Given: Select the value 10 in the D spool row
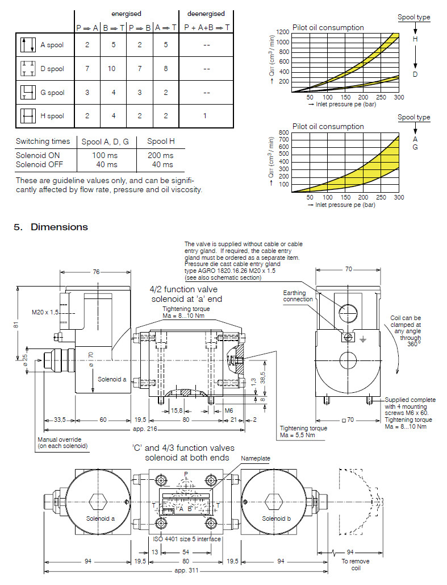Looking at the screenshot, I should coord(113,69).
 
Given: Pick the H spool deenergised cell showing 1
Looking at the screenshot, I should coord(204,116).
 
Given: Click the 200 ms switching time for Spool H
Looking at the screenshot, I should coord(161,155).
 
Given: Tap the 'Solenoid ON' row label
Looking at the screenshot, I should coord(37,155).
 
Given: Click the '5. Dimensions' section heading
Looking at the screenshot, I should coord(51,227).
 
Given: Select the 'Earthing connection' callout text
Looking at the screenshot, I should coord(298,296).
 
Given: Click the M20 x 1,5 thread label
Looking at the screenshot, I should coord(45,312).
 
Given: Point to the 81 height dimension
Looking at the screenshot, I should coord(17,325).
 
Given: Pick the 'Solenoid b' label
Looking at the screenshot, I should coord(276,518).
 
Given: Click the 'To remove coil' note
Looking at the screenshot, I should coord(355,564).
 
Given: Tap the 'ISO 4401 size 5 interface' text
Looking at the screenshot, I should coord(187,539).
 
